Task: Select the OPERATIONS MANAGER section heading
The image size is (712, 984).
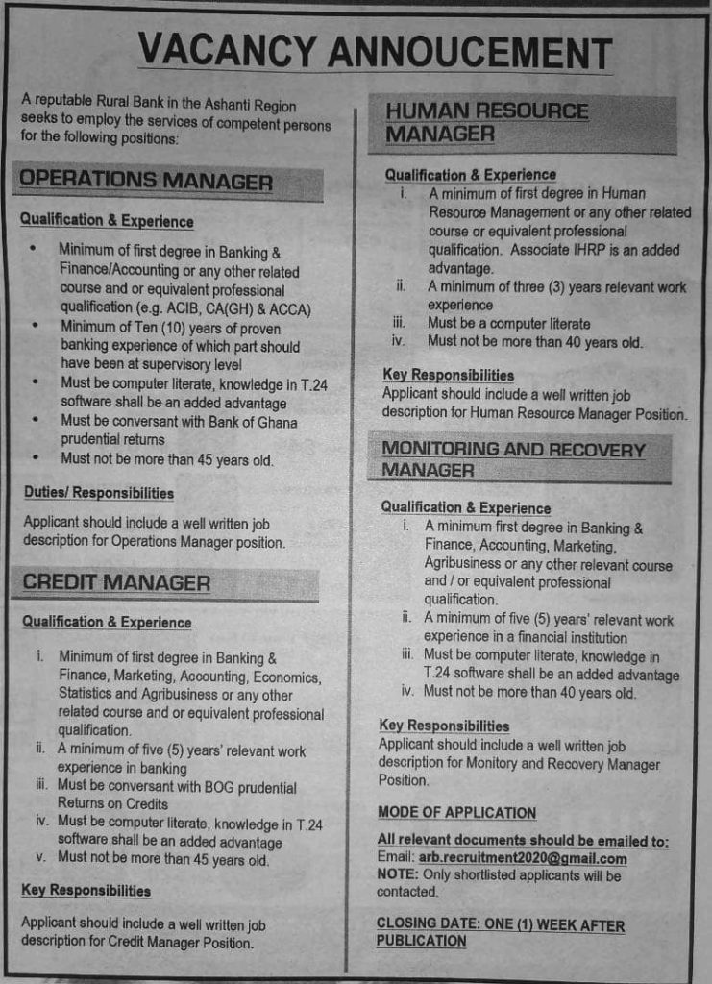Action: pyautogui.click(x=146, y=181)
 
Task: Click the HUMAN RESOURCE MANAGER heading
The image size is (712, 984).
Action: pyautogui.click(x=486, y=122)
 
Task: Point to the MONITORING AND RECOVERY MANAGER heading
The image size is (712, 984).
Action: pyautogui.click(x=512, y=459)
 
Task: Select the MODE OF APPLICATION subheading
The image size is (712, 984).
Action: pyautogui.click(x=456, y=813)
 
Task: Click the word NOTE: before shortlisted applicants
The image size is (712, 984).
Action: pyautogui.click(x=397, y=875)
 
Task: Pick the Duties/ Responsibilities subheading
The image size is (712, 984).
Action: pyautogui.click(x=99, y=493)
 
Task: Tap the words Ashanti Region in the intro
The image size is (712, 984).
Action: pyautogui.click(x=254, y=106)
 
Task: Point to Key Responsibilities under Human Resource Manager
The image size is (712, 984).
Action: pyautogui.click(x=448, y=375)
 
